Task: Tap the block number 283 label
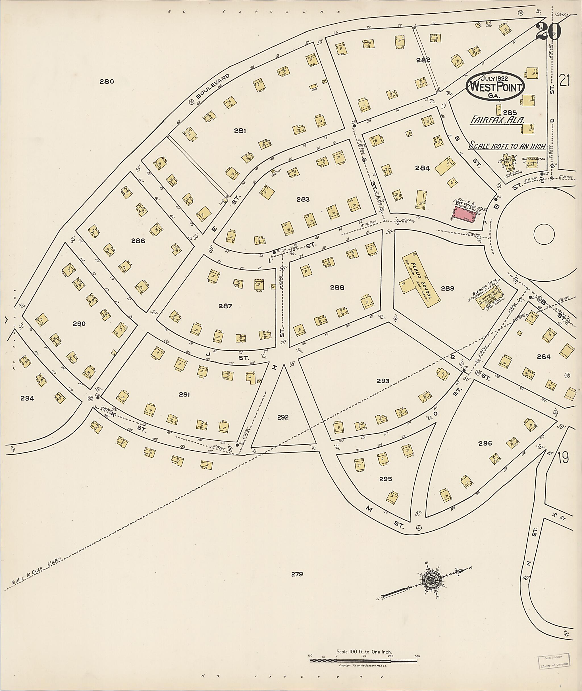click(x=303, y=199)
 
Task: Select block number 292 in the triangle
click(x=283, y=417)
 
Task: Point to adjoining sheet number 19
click(x=563, y=458)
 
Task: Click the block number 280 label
click(x=107, y=82)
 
